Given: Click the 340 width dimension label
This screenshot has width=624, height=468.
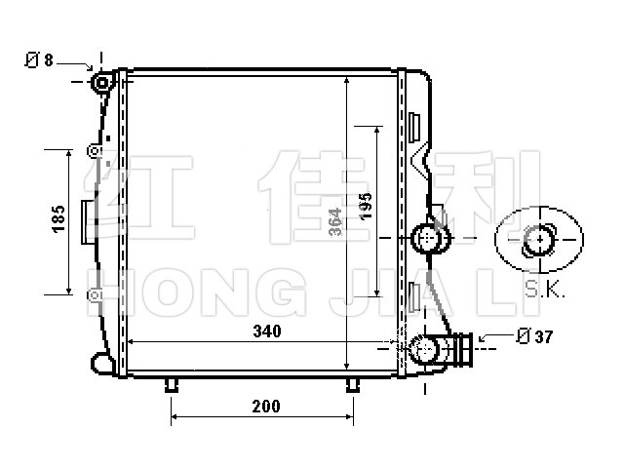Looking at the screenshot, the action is pyautogui.click(x=267, y=331).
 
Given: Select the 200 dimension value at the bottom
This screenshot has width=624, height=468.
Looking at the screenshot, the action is pyautogui.click(x=266, y=407).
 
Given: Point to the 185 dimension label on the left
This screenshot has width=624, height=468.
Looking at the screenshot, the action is pyautogui.click(x=58, y=218).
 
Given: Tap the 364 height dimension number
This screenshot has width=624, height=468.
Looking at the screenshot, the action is pyautogui.click(x=335, y=221).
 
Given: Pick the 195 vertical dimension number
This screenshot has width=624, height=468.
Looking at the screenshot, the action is pyautogui.click(x=365, y=206).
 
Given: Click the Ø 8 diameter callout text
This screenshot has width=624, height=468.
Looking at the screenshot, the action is pyautogui.click(x=39, y=60).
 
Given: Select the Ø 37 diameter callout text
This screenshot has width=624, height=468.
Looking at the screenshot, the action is pyautogui.click(x=534, y=336).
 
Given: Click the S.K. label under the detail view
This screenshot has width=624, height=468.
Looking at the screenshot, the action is pyautogui.click(x=544, y=290).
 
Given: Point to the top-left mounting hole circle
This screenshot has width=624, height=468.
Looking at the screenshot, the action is pyautogui.click(x=102, y=83).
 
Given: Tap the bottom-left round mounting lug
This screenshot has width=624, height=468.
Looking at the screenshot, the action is pyautogui.click(x=101, y=363).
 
